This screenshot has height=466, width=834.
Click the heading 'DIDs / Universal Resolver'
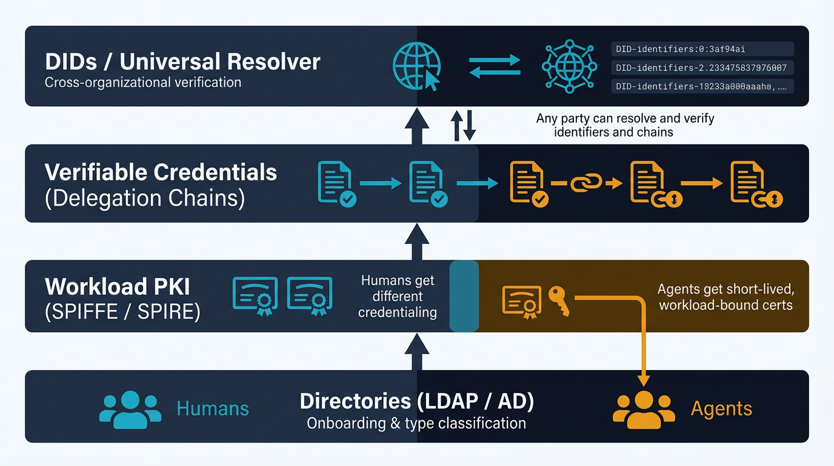click(182, 61)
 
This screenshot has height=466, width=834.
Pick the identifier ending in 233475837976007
click(701, 68)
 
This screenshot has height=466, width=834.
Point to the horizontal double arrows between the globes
click(495, 66)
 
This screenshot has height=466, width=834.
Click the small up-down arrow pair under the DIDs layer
click(464, 125)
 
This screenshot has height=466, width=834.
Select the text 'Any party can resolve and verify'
click(625, 118)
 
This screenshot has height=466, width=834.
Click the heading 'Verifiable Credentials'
click(161, 172)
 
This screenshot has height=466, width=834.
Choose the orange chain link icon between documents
click(586, 182)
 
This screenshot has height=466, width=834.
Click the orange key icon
click(559, 300)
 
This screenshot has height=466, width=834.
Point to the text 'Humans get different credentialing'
click(398, 296)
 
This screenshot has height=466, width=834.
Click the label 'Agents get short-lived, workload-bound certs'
click(726, 297)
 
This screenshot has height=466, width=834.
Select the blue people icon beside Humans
click(130, 409)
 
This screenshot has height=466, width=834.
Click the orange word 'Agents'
click(721, 409)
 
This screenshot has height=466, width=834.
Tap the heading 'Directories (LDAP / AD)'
click(416, 401)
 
